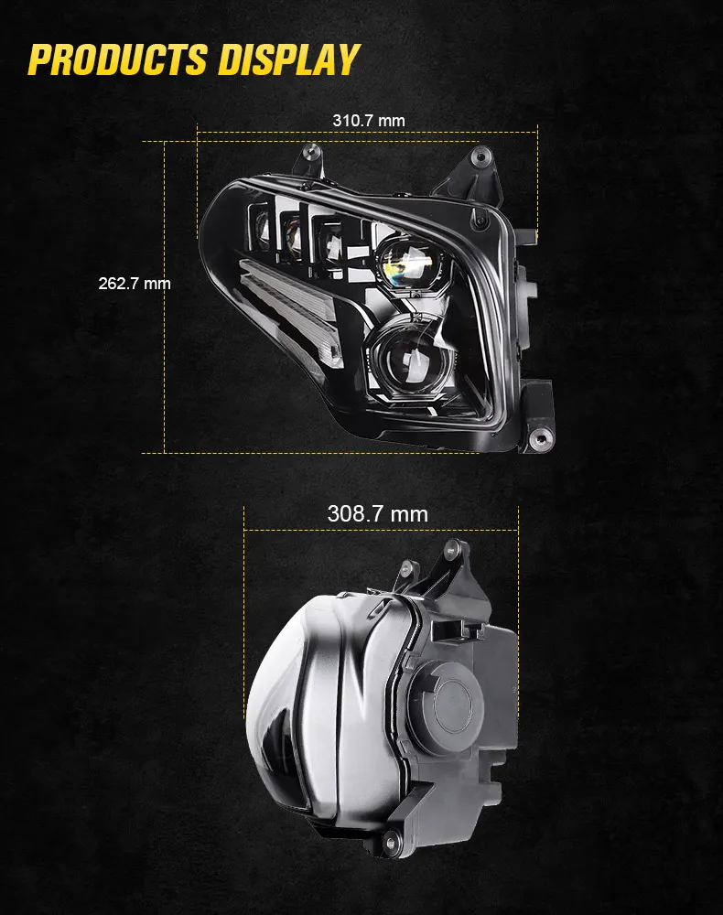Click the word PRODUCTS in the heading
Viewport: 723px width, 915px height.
[x=117, y=59]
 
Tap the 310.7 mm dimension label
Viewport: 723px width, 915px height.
[x=368, y=121]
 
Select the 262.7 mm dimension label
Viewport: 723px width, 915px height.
[x=135, y=284]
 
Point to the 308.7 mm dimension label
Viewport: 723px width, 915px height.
[x=378, y=514]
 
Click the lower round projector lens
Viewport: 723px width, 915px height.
[x=405, y=357]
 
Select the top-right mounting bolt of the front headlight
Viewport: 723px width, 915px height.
[x=480, y=156]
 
